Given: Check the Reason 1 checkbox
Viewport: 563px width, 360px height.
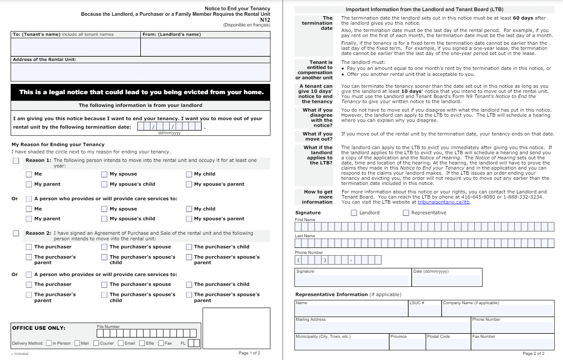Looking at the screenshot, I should click(16, 161).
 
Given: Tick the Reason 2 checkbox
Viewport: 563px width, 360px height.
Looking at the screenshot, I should click(16, 233).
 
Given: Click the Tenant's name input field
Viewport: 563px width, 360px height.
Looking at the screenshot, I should click(75, 47).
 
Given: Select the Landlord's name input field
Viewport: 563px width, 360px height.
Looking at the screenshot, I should click(205, 47).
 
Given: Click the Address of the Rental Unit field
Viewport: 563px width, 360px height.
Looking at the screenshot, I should click(140, 72).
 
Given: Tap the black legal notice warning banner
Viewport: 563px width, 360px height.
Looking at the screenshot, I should click(140, 92).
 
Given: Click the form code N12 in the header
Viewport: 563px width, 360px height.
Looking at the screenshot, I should click(265, 20).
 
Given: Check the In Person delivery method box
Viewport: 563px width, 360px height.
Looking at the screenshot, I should click(49, 343).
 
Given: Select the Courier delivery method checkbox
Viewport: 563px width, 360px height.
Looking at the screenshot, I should click(96, 343).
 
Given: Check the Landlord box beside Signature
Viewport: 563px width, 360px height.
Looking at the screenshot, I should click(354, 213).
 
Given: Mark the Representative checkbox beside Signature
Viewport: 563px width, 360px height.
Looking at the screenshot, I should click(406, 213).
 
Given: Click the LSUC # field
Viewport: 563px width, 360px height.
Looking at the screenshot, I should click(424, 311).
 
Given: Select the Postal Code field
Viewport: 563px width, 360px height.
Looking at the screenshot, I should click(448, 344).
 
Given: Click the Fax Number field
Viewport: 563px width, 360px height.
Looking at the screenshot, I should click(512, 344).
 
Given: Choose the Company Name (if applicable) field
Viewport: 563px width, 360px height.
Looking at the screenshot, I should click(497, 311).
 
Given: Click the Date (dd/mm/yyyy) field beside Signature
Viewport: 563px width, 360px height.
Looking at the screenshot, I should click(447, 280).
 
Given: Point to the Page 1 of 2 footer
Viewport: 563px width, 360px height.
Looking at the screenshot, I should click(249, 353).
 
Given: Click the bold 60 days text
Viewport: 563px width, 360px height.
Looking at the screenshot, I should click(523, 18).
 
